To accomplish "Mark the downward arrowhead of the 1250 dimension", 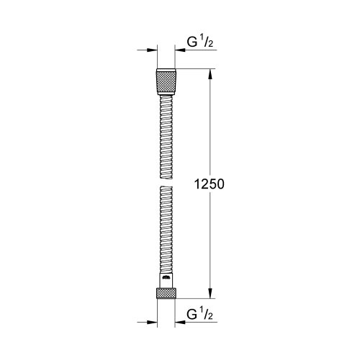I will coord(210,294).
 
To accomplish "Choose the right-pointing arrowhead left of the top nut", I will coord(153,50).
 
